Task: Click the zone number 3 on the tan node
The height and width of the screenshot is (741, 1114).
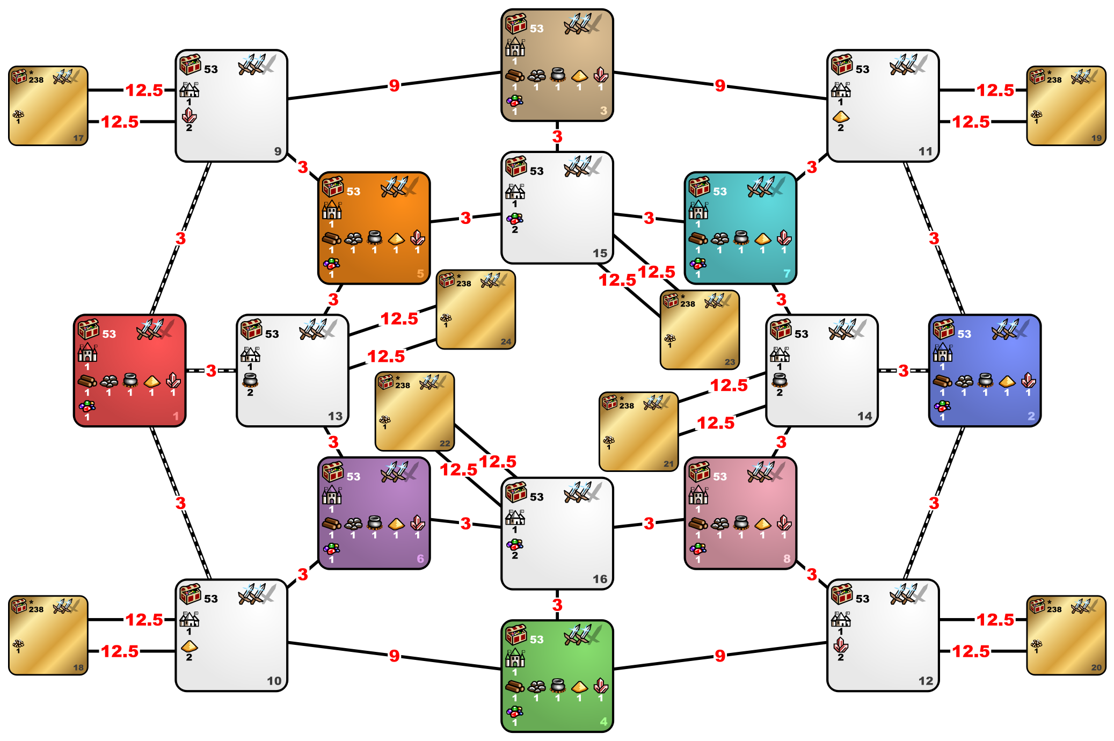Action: coord(603,111)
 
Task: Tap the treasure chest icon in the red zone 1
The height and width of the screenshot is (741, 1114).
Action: coord(89,329)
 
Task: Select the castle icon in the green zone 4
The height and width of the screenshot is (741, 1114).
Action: coord(515,657)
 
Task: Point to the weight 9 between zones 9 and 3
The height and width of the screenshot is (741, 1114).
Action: coord(395,85)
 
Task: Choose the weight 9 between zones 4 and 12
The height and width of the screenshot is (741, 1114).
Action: coord(720,656)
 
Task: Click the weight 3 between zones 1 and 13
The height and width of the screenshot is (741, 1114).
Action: coord(211,370)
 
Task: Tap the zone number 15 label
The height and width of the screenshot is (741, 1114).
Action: coord(600,253)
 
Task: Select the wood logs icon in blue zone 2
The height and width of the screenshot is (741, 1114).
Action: coord(942,381)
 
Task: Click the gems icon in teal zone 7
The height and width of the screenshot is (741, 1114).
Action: coord(698,264)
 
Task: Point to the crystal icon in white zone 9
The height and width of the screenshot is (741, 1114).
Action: coord(189,115)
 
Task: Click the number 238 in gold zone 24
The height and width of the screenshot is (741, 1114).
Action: coord(464,284)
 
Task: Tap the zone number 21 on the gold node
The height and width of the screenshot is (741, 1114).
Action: coord(668,464)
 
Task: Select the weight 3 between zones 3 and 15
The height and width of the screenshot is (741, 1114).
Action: coord(557,136)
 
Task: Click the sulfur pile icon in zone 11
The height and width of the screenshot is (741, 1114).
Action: coord(841,117)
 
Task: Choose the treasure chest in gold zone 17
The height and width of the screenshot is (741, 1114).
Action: coord(19,76)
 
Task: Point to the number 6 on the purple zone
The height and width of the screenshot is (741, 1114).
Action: coord(420,559)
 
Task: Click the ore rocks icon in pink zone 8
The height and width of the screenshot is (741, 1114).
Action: coord(720,523)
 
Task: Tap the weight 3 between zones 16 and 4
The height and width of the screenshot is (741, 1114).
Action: coord(557,605)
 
